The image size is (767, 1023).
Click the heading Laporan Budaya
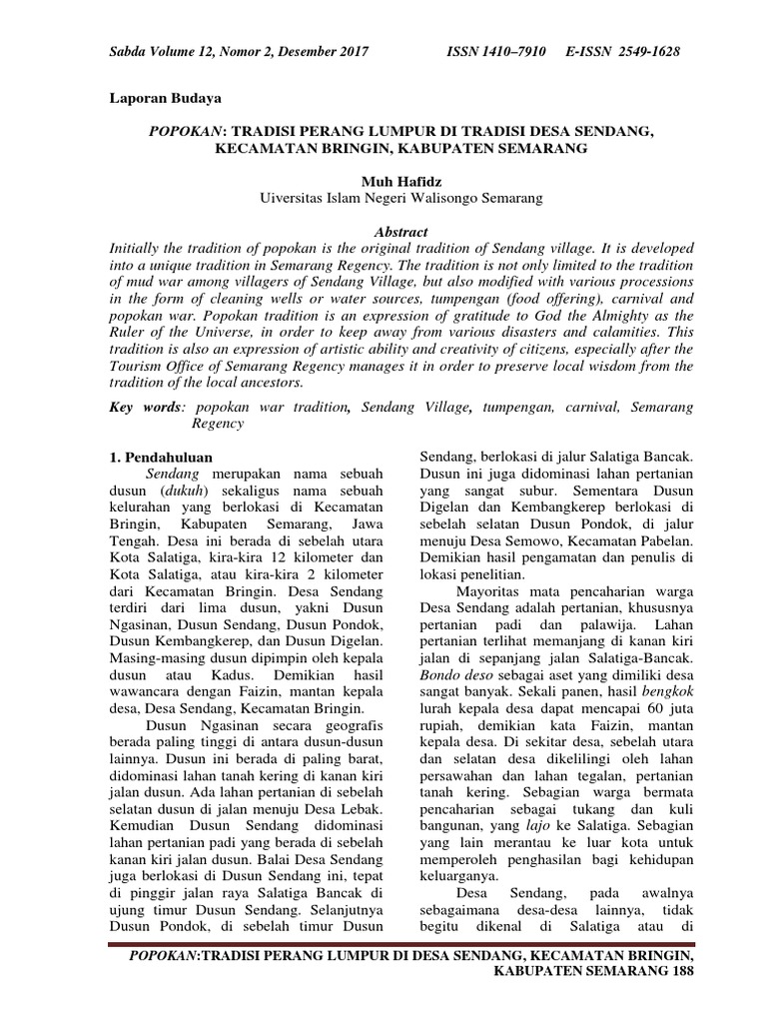164,99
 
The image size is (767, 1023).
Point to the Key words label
146,408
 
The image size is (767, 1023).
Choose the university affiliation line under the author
400,198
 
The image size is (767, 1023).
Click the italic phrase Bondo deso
452,671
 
